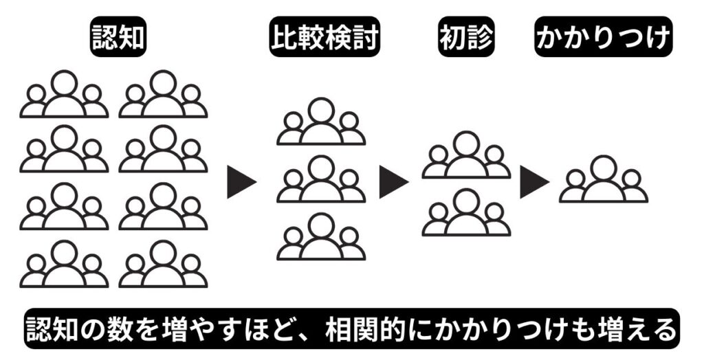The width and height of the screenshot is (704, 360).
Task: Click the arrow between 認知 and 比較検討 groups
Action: pos(241,183)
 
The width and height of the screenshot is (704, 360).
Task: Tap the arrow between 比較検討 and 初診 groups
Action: pos(393,183)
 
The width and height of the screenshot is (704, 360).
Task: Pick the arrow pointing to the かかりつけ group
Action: pos(534,183)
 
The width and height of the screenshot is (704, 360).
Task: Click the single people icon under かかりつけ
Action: pos(603,180)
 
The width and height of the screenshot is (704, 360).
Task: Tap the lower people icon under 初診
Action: pos(466,214)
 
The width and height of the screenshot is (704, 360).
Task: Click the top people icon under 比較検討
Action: pos(321,123)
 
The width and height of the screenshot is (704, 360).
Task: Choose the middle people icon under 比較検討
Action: pos(321,180)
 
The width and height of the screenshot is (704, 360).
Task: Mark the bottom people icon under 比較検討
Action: pos(321,238)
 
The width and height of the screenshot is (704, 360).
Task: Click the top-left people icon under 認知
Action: pos(64,95)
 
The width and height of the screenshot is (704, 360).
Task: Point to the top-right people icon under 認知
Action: pos(163,95)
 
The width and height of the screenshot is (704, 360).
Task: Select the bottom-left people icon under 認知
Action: pos(64,265)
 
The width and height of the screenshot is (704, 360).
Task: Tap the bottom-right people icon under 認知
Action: pos(163,265)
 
